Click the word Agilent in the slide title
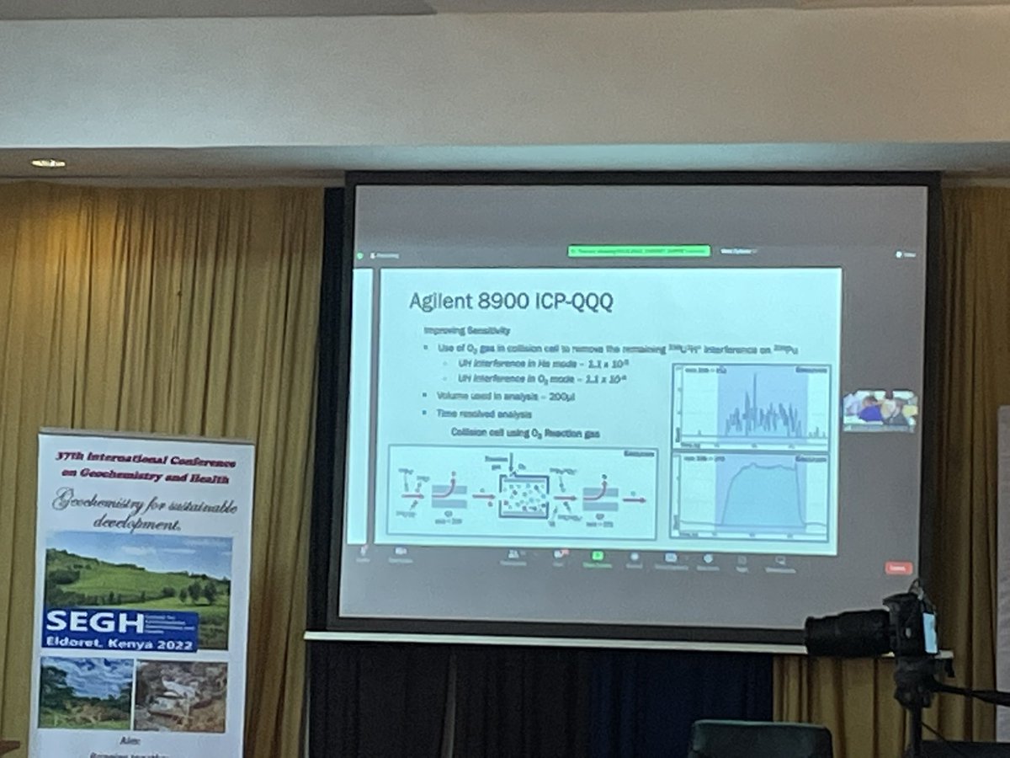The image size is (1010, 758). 440,302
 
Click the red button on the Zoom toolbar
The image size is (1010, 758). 898,568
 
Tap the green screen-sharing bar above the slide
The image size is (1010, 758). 638,250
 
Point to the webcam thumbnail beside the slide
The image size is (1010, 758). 880,410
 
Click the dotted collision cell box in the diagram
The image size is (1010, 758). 523,496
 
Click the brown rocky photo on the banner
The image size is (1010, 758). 181,696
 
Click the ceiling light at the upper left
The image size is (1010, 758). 47,163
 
